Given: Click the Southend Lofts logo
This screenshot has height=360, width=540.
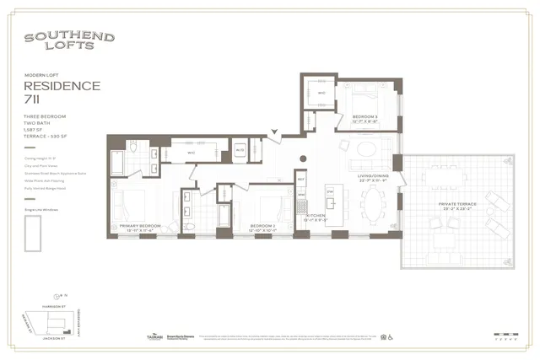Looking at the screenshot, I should coord(57,41).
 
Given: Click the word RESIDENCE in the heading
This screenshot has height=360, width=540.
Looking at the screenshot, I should coord(62,86).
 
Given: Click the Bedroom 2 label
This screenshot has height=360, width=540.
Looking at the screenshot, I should coord(265,225).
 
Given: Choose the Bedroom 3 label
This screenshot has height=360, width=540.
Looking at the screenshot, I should coord(364,116).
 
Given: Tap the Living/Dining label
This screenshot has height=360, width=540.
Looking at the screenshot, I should coord(372,176).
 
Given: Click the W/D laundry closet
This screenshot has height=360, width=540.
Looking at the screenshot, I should coord(239,150).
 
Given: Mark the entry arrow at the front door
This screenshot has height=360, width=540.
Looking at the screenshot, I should coord(274,133).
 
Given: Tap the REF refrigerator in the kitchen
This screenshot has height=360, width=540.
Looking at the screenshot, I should coord(300,180).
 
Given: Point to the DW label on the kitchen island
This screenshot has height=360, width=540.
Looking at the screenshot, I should coord(330,192).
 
